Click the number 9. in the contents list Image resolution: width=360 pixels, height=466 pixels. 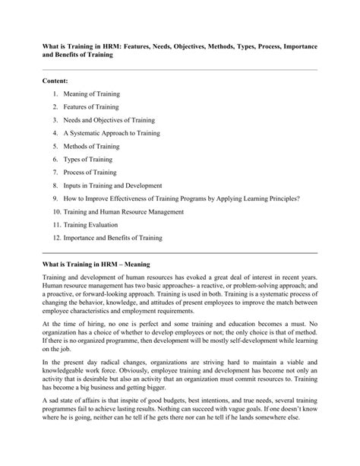[56, 198]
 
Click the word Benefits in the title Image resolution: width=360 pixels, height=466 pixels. [67, 55]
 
